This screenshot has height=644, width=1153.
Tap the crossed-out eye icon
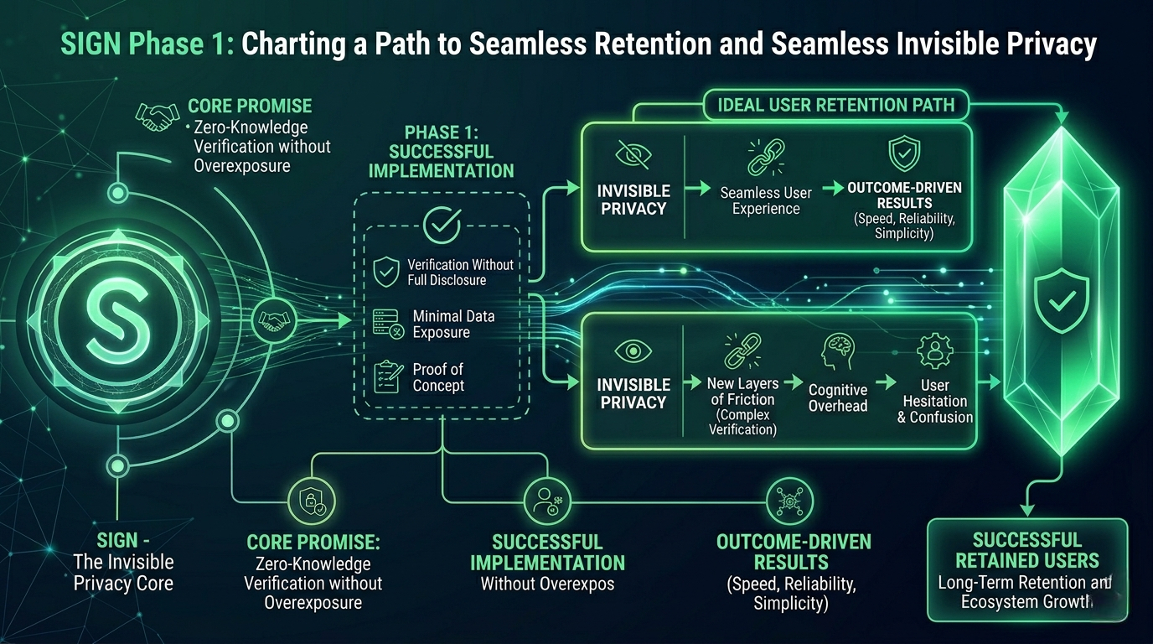633,155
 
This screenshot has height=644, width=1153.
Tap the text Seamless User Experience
766,200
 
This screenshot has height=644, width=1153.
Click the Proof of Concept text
437,377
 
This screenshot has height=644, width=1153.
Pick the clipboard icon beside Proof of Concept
386,377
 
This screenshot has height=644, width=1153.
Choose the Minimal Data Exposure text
452,325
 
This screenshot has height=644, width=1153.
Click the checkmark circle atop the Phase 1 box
441,224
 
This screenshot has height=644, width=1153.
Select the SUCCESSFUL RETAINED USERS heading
1027,550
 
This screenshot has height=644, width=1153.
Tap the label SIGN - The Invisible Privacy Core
123,561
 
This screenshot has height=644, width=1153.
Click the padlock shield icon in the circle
312,501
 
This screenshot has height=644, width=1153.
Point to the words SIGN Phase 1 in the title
142,44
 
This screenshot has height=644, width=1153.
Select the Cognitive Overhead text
837,397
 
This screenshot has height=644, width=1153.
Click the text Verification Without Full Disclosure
460,272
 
